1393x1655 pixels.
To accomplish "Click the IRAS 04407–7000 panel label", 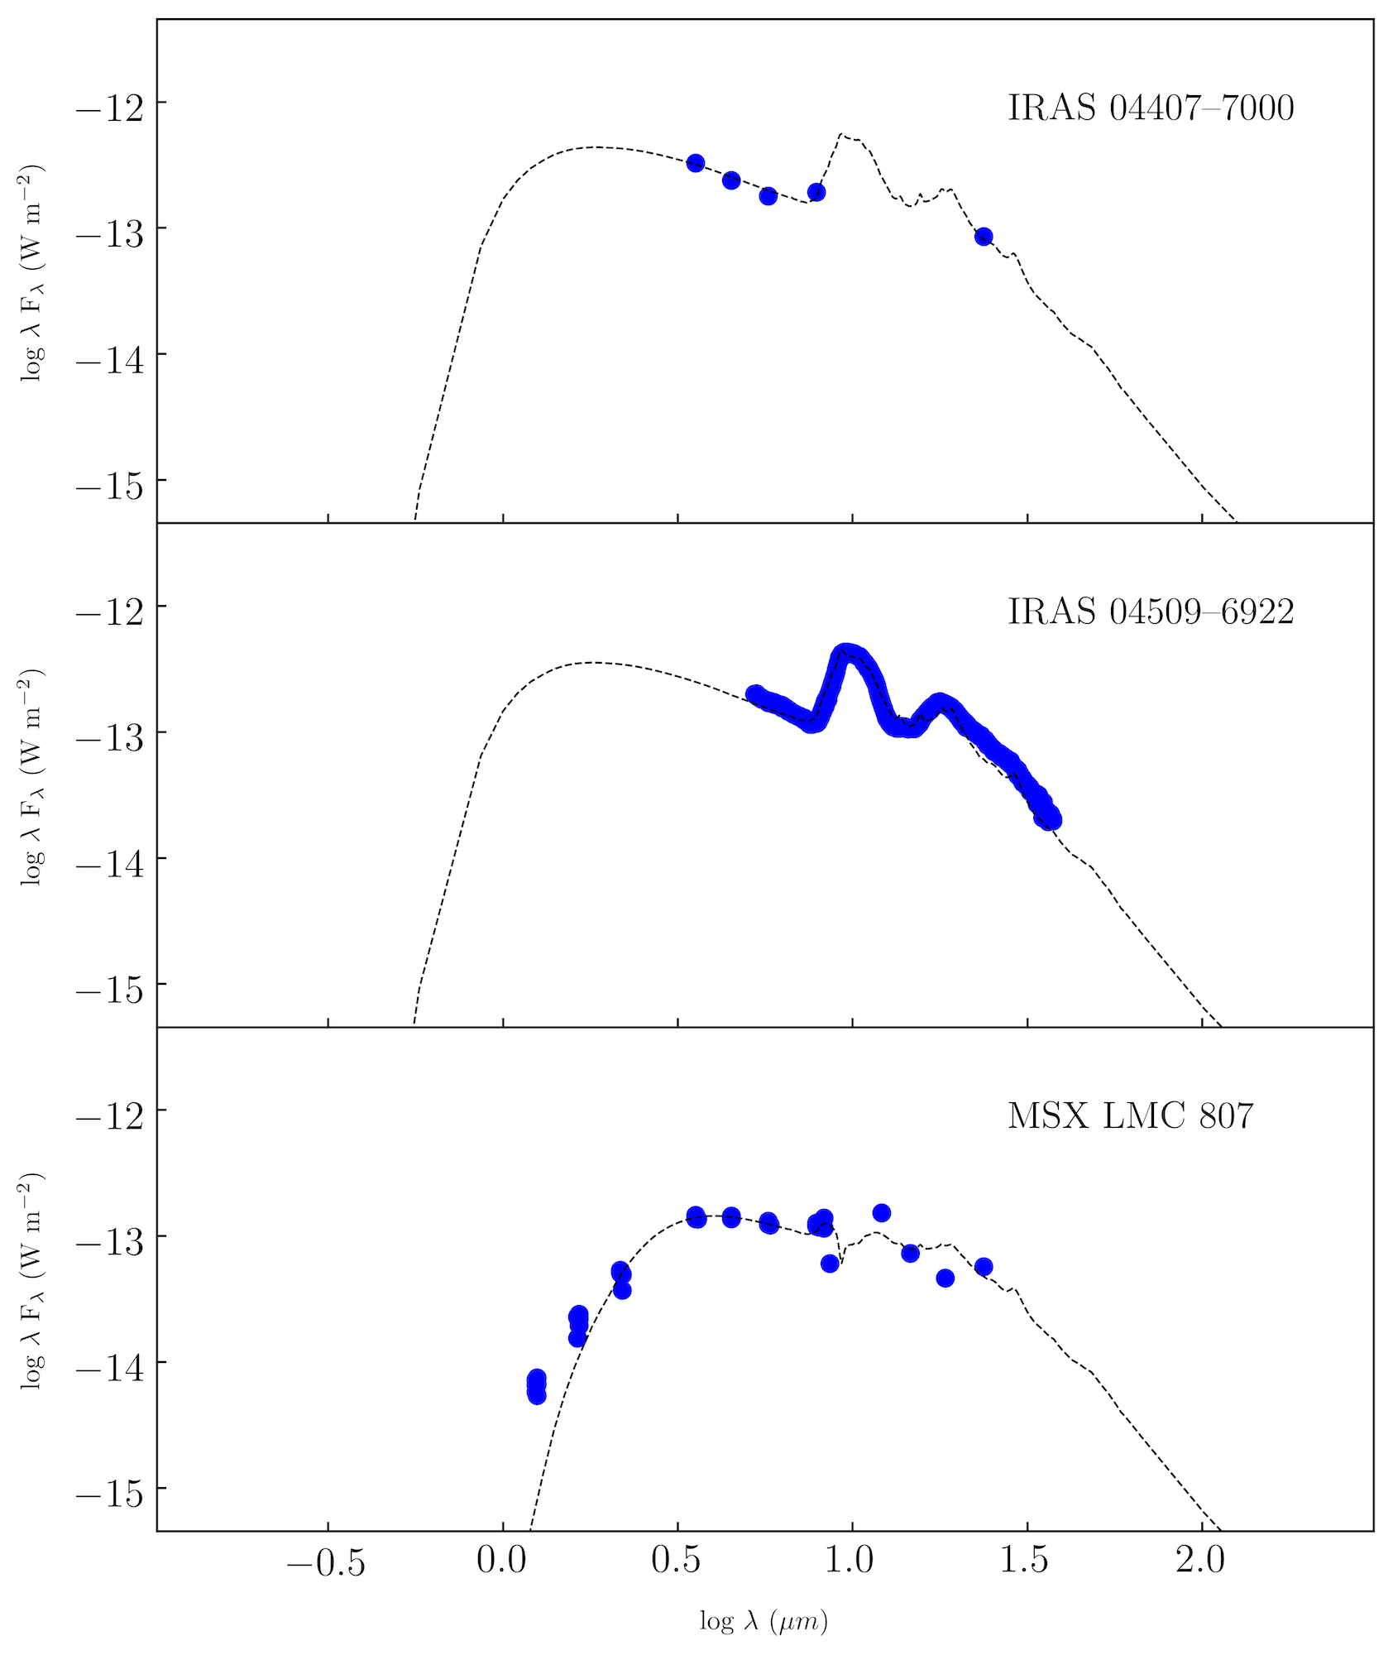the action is point(1151,108).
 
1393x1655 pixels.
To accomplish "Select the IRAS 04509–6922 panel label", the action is point(1151,612).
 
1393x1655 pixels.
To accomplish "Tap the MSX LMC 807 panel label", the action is point(1130,1116).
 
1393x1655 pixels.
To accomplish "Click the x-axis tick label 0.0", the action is point(503,1561).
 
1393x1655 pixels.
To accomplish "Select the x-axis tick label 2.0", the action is point(1201,1561).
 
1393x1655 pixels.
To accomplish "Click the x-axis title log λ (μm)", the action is point(764,1622).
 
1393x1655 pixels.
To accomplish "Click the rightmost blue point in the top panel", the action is point(984,237).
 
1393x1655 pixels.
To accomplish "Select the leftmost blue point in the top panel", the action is point(696,162).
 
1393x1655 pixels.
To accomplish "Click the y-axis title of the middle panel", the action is point(33,777).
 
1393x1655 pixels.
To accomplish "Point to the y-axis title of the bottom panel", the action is point(33,1281).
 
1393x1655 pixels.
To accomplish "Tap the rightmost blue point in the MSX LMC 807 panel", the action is point(984,1267).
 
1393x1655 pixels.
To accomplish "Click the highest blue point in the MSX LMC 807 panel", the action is point(882,1213).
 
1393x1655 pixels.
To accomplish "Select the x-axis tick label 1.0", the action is point(852,1561).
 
